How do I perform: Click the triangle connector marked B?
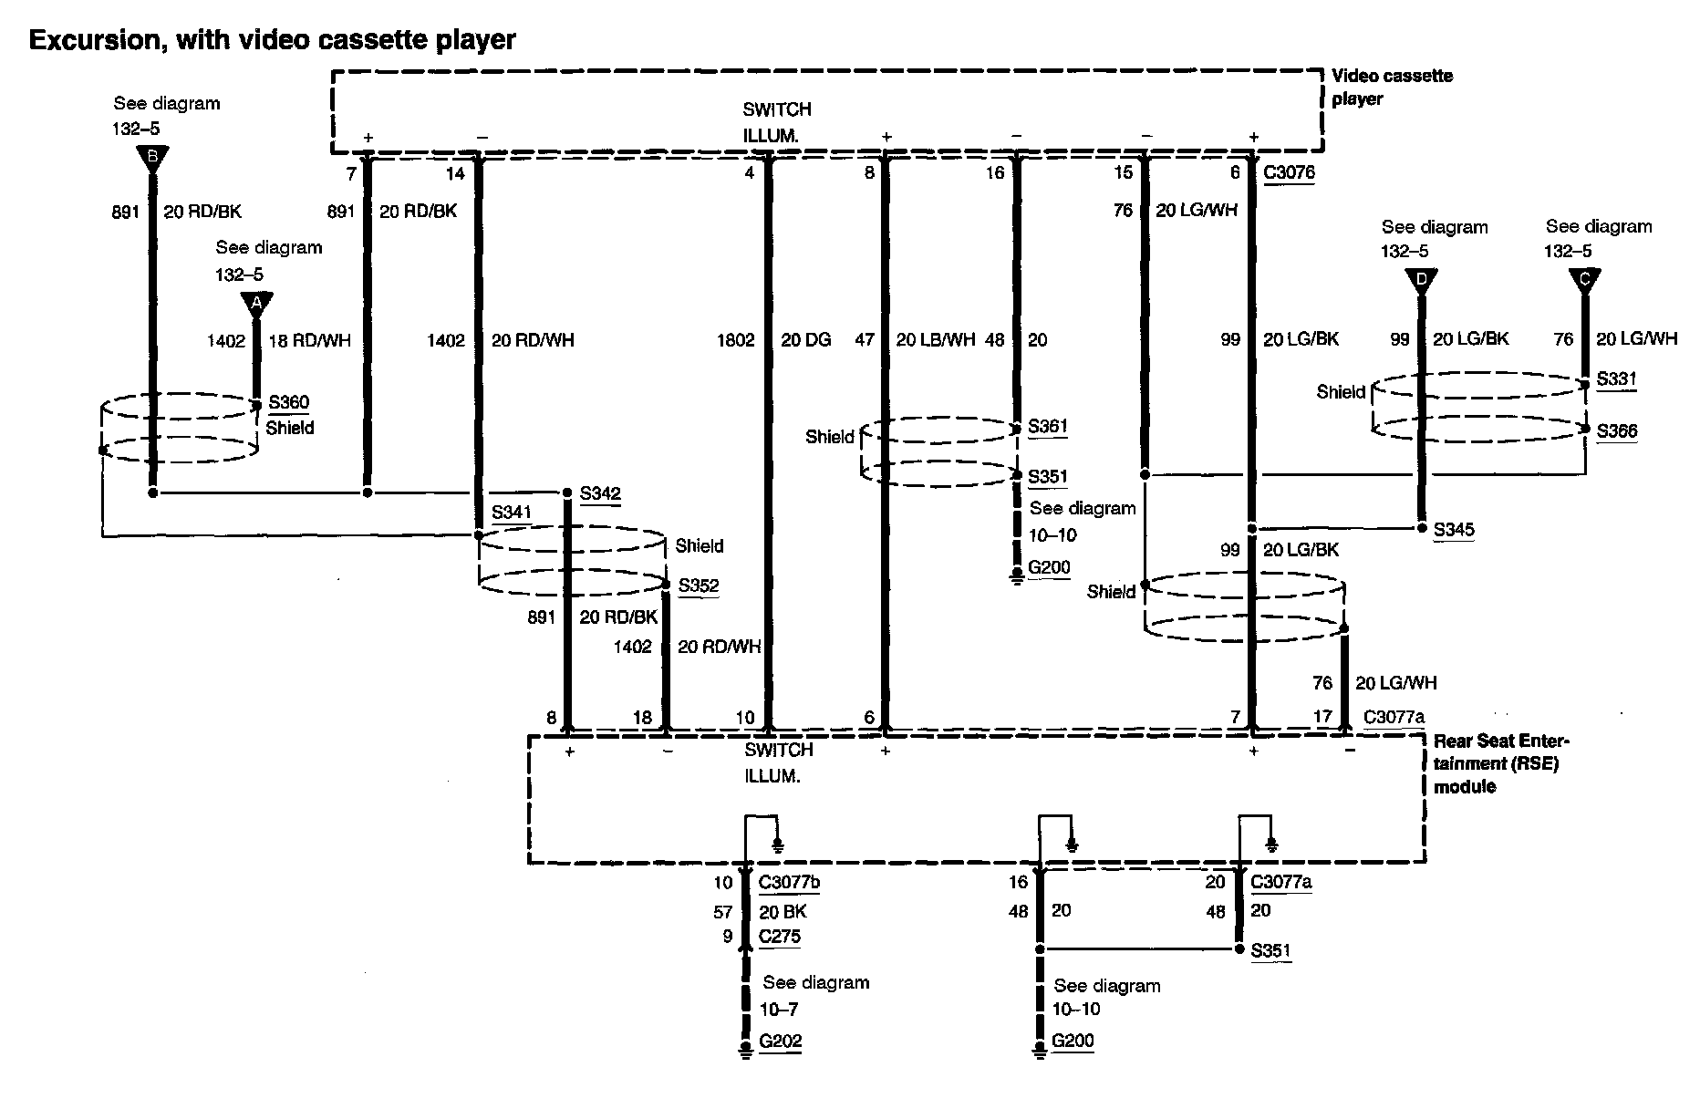152,159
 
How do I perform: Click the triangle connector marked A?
256,303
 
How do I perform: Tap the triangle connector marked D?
1420,281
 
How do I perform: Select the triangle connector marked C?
1584,281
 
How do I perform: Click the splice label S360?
288,402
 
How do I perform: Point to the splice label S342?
600,494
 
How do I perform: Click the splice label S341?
511,513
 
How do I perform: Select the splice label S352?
698,586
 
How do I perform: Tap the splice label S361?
1047,426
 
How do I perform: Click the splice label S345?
1454,530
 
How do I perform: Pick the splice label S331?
1616,379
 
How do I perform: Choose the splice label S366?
1616,431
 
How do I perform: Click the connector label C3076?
1289,172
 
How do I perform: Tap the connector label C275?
780,936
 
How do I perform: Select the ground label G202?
780,1041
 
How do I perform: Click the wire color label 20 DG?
805,340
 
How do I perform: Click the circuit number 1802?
735,340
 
